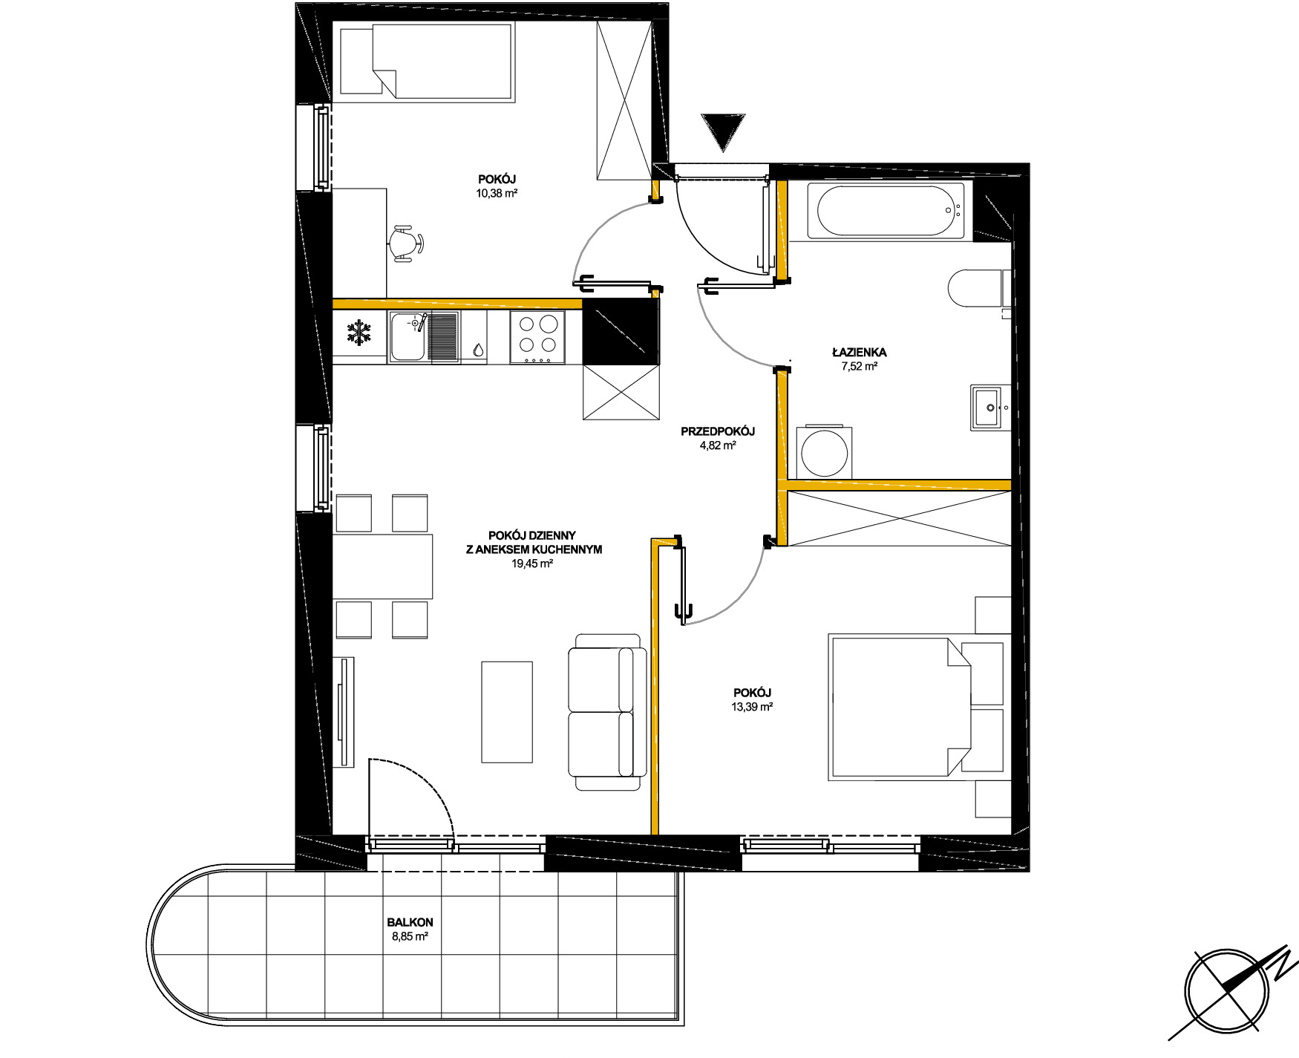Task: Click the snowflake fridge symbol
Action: click(x=360, y=333)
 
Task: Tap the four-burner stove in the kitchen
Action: click(x=537, y=337)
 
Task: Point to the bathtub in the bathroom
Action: click(x=891, y=211)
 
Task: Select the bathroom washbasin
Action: click(x=991, y=407)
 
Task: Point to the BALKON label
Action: click(x=410, y=922)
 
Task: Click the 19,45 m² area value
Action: click(x=532, y=564)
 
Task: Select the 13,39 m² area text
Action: click(x=752, y=707)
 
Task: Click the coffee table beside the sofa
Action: click(x=507, y=712)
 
